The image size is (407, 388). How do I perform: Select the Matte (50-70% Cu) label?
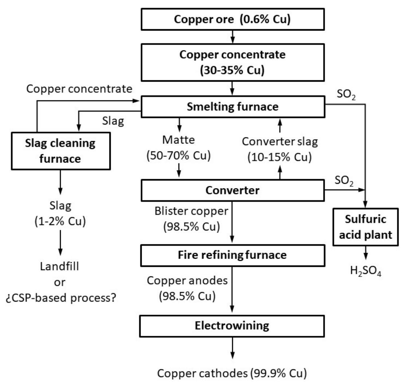pyautogui.click(x=179, y=148)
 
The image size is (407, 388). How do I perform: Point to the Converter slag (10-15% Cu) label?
pyautogui.click(x=279, y=148)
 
